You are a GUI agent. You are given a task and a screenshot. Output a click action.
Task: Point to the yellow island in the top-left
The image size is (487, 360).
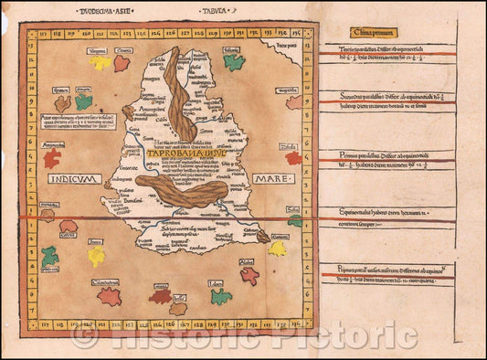[100, 64]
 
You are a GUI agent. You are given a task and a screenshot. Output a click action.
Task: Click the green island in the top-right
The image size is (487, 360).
[235, 62]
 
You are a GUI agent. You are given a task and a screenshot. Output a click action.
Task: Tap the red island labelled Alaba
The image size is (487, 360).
[249, 274]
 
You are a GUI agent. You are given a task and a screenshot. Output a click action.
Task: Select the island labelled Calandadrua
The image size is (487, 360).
[110, 296]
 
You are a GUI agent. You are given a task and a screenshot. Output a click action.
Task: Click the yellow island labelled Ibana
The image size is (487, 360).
[96, 256]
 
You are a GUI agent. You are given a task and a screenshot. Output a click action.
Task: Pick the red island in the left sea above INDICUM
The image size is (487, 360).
[52, 158]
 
